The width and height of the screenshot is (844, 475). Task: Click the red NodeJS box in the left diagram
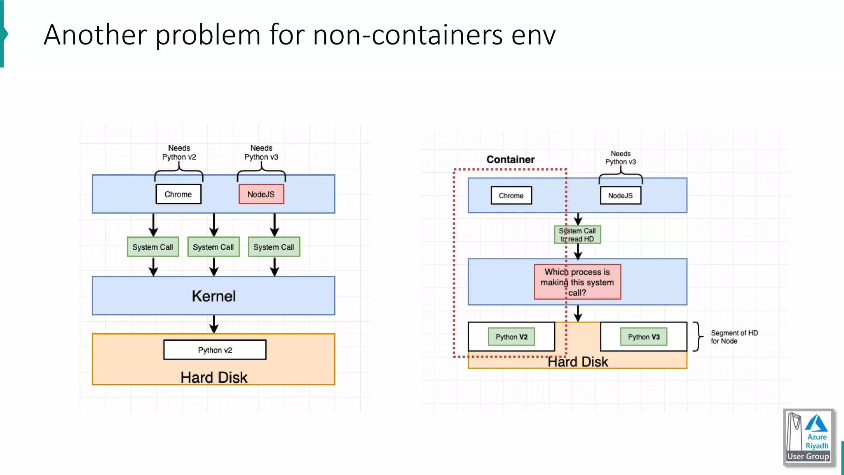pos(261,194)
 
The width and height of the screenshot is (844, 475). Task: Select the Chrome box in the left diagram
pos(178,194)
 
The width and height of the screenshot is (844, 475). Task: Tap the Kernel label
pos(213,296)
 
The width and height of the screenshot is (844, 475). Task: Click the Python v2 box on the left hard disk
pos(215,350)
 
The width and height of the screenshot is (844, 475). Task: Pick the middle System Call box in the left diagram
pos(213,247)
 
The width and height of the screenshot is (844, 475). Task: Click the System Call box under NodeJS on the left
pos(274,247)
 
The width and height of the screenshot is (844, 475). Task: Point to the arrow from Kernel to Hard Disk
pos(213,324)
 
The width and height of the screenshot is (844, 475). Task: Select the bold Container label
pos(510,160)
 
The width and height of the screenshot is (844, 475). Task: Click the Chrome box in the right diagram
pos(511,195)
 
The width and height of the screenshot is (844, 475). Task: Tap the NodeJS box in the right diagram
pos(620,195)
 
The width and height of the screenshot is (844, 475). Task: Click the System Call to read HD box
pos(577,235)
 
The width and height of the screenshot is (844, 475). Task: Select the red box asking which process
pos(577,282)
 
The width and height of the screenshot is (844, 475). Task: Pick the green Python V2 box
pos(511,337)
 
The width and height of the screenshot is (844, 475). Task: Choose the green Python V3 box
pos(644,337)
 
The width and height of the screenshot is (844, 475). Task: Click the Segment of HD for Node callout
pos(734,337)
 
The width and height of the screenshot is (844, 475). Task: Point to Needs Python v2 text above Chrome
pos(179,153)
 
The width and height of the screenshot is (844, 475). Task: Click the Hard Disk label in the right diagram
pos(577,362)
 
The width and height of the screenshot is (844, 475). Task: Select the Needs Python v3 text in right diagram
pos(620,158)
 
